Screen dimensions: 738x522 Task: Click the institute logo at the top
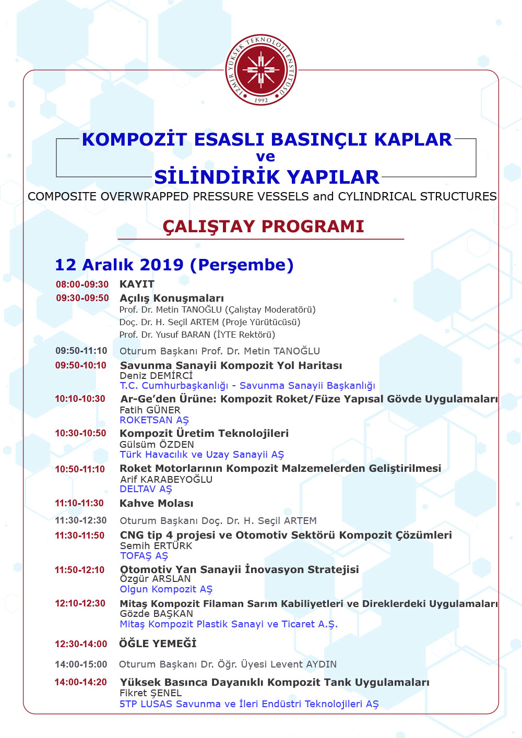tap(261, 70)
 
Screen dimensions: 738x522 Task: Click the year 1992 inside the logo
tap(261, 100)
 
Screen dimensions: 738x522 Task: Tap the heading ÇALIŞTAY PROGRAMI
tap(263, 227)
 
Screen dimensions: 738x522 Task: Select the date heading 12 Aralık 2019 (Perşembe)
tap(174, 265)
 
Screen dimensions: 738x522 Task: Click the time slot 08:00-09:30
tap(82, 284)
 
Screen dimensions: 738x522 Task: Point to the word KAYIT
tap(137, 284)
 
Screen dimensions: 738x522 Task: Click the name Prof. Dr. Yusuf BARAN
tap(197, 335)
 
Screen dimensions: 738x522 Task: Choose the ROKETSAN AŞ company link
tap(154, 420)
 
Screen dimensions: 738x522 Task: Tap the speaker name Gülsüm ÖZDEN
tap(157, 445)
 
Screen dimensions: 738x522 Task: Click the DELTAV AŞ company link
tap(146, 489)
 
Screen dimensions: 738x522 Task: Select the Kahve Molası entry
tap(156, 504)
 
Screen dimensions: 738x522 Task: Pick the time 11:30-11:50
tap(80, 535)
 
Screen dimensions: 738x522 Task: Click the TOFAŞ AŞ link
tap(144, 556)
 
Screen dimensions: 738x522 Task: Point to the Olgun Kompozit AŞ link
tap(166, 589)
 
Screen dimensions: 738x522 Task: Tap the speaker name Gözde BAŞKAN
tap(156, 614)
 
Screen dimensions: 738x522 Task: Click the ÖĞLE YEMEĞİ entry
tap(158, 644)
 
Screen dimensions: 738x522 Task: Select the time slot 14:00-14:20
tap(81, 682)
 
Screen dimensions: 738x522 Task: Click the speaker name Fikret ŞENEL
tap(150, 693)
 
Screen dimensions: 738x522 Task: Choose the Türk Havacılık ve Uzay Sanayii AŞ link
tap(201, 455)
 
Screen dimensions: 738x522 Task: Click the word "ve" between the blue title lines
tap(265, 157)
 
